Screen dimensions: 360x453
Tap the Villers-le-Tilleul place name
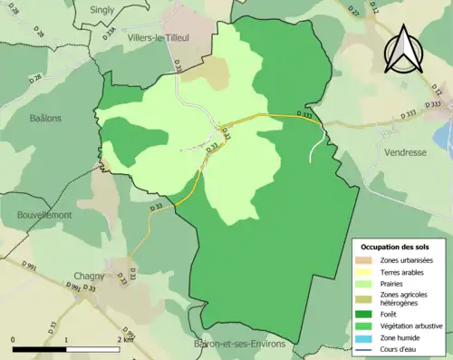tap(139, 38)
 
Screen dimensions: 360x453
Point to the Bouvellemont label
tap(45, 216)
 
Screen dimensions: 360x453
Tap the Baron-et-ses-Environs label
tap(239, 345)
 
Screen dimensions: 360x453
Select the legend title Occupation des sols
tap(397, 247)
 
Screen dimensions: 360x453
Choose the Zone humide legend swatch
tap(366, 337)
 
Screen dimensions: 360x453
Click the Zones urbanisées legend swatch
tap(366, 260)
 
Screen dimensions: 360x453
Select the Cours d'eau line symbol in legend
tap(366, 349)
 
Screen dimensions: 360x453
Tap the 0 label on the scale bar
tap(14, 339)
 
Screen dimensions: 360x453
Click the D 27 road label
tap(353, 12)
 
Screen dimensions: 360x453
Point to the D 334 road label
tap(111, 34)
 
